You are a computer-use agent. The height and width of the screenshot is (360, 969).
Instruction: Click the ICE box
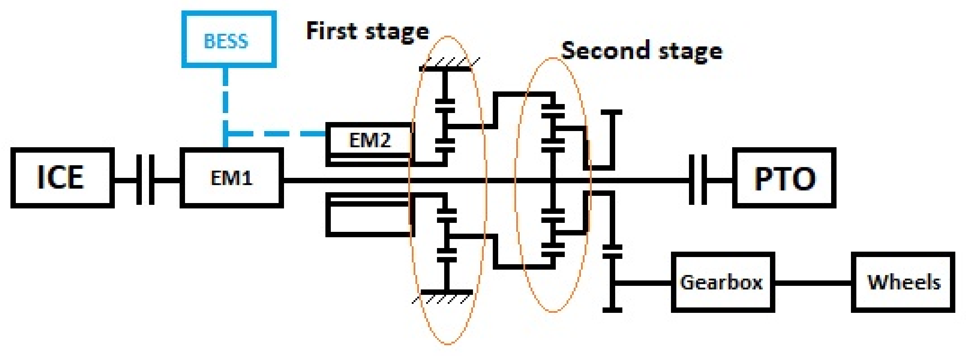click(x=62, y=177)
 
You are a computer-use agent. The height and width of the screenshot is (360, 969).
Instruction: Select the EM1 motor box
click(x=231, y=177)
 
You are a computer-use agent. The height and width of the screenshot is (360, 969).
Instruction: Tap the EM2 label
click(x=370, y=140)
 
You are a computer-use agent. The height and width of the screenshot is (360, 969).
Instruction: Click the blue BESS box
click(x=229, y=40)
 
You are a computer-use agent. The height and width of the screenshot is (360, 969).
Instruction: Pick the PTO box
click(x=784, y=177)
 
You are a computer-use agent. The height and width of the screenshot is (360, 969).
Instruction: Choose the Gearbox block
click(x=722, y=282)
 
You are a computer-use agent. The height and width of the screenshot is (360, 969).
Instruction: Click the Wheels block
click(x=903, y=282)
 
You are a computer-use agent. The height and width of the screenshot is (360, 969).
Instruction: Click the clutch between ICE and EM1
click(x=145, y=180)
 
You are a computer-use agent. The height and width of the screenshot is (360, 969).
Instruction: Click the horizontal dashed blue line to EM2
click(x=278, y=134)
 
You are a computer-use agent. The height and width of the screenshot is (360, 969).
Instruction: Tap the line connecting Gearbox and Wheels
click(x=812, y=282)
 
